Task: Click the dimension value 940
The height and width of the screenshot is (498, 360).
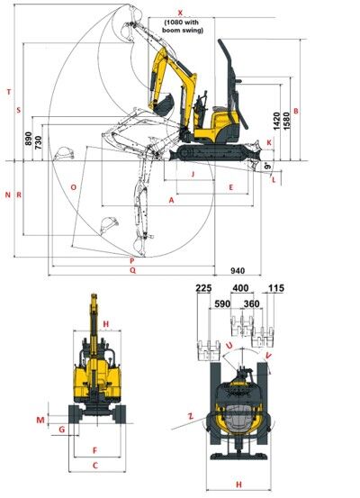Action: (238, 270)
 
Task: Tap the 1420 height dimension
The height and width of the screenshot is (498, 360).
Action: (277, 121)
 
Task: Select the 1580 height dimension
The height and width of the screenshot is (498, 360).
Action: (286, 121)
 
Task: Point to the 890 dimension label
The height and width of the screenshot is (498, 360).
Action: (29, 139)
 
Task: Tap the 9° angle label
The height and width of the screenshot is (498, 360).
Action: (268, 166)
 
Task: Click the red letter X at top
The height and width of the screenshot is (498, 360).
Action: (180, 13)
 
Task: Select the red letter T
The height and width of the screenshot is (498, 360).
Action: (9, 92)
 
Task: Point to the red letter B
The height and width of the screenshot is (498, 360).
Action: (296, 111)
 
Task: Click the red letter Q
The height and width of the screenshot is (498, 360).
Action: (133, 270)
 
